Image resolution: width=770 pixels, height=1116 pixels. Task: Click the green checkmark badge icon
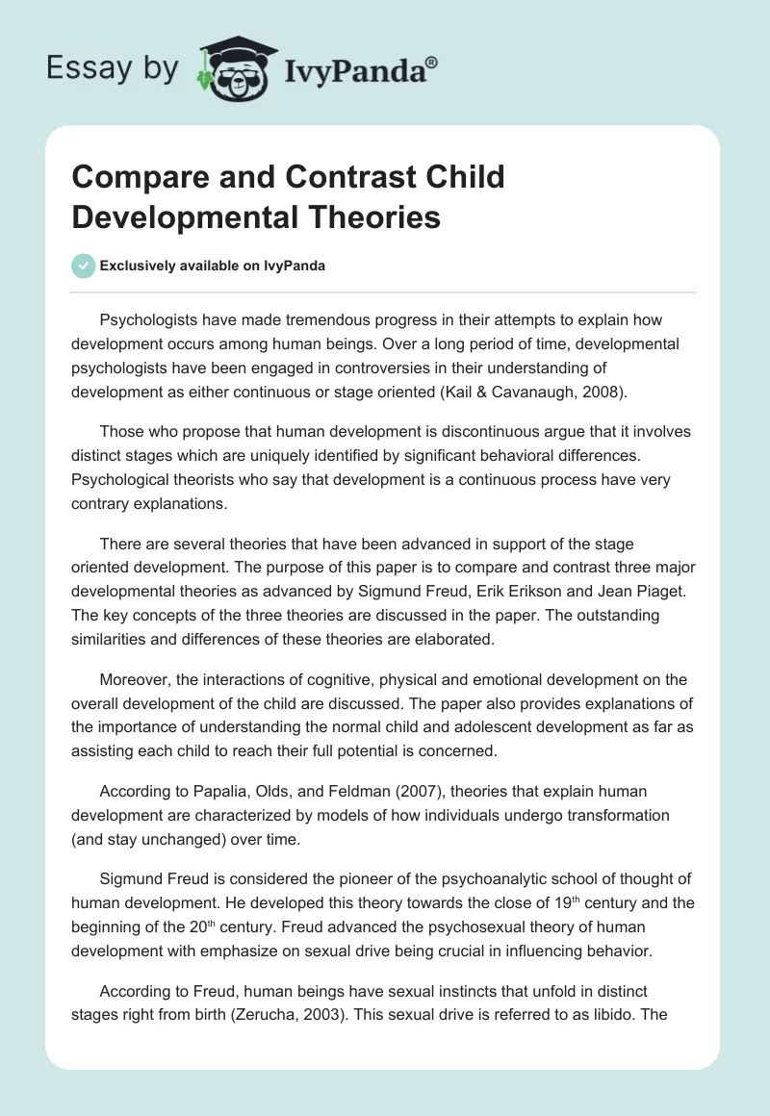84,266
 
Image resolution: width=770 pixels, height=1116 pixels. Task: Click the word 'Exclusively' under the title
144,266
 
